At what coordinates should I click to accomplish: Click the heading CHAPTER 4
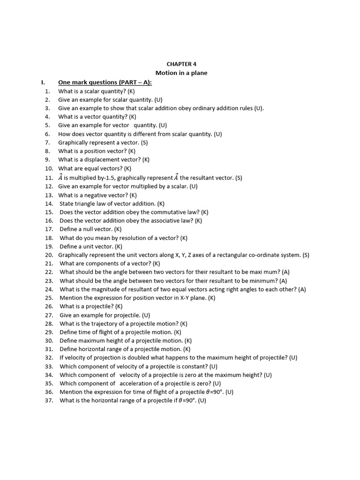pos(181,64)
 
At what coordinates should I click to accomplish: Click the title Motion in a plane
pos(181,73)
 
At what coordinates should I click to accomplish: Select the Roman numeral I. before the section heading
pos(43,82)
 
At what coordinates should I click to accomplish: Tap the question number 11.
pos(49,178)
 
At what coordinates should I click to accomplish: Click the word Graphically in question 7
pos(73,142)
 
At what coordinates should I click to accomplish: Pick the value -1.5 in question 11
pos(107,178)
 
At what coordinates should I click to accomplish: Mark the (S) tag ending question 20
pos(306,255)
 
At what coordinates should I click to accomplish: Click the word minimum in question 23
pos(265,281)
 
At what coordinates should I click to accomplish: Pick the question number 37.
pos(49,401)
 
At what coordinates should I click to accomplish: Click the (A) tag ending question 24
pos(301,289)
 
